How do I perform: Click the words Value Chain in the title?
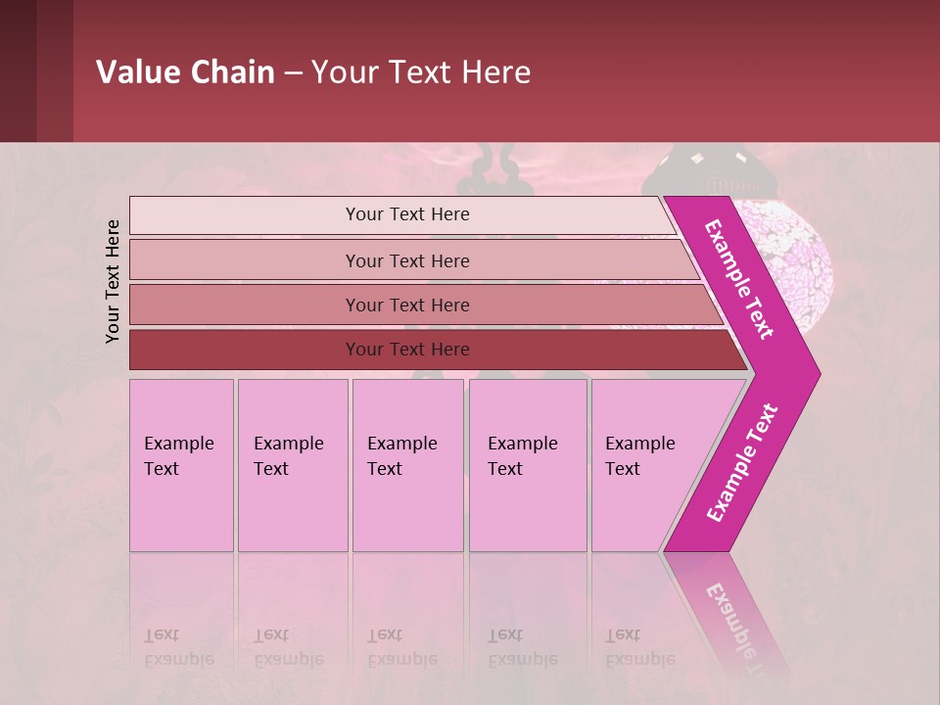[x=185, y=72]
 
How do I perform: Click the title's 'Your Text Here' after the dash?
[x=421, y=72]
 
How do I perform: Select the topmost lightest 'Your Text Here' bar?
[x=407, y=214]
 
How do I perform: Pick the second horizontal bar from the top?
[x=407, y=260]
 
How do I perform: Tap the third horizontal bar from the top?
[x=407, y=305]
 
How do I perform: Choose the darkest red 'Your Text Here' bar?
[x=407, y=350]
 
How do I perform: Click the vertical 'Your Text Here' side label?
[x=114, y=281]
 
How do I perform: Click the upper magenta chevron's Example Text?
[x=739, y=280]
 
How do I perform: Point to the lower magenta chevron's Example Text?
[x=742, y=462]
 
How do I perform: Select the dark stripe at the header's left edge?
[x=36, y=70]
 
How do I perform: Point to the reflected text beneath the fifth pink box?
[x=639, y=647]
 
